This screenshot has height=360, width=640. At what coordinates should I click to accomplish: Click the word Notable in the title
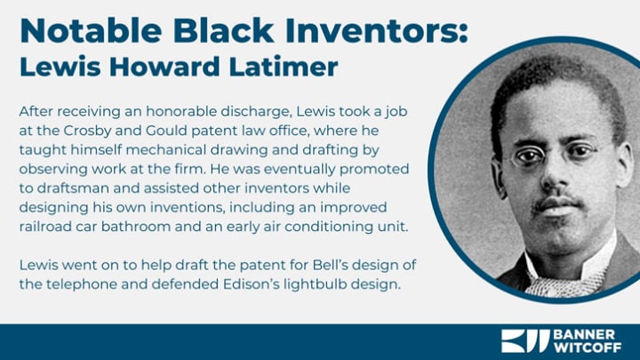click(91, 30)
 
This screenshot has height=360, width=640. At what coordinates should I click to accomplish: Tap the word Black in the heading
click(223, 30)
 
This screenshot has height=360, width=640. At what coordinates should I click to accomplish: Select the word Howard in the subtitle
click(164, 67)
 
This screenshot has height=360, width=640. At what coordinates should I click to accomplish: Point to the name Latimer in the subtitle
click(284, 67)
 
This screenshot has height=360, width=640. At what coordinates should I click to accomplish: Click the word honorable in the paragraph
click(180, 111)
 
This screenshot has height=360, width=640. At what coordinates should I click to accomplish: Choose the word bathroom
click(136, 227)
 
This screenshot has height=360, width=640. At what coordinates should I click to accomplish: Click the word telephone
click(82, 284)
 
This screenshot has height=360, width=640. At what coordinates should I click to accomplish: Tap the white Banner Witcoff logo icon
click(524, 341)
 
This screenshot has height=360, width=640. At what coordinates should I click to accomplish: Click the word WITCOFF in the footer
click(588, 348)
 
